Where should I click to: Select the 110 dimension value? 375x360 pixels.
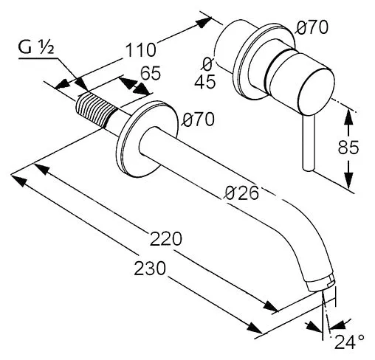point(140,50)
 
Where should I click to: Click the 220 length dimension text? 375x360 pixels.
point(166,239)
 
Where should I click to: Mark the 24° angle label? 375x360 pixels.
point(348,342)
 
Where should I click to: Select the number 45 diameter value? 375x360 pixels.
point(206,82)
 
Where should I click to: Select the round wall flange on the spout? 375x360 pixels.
point(151,136)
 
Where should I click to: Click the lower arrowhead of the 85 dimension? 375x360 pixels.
point(348,181)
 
